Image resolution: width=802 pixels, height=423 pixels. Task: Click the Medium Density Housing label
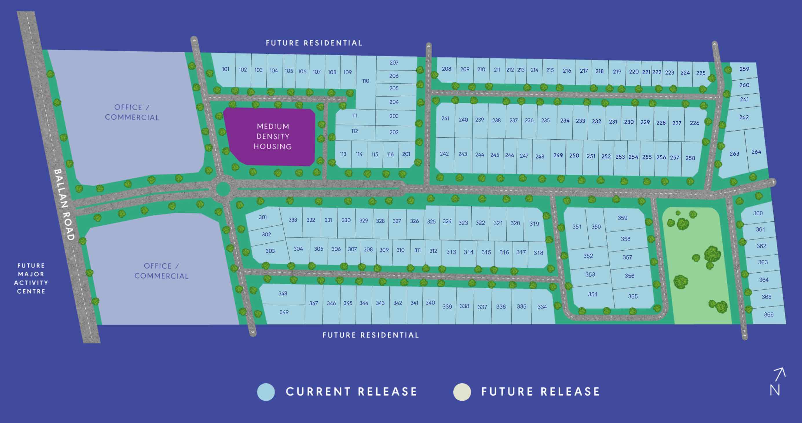coord(272,136)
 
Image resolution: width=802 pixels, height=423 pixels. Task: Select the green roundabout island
coord(223,189)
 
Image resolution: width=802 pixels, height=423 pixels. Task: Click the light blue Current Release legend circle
coord(266,392)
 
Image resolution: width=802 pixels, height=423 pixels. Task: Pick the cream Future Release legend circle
coord(462,392)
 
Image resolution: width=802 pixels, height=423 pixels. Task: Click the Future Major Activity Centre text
coord(31,278)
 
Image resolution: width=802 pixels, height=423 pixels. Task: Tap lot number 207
coord(394,63)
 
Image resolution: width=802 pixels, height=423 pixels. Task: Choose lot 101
coord(226,69)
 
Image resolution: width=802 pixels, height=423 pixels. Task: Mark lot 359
coord(622,218)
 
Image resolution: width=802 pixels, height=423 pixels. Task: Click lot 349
coord(284,312)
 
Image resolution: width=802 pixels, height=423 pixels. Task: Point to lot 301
coord(263,217)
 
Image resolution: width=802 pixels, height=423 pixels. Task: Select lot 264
coord(756,152)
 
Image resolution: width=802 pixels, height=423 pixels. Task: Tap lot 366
coord(768,315)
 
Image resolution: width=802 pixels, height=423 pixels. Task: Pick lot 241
coord(445,119)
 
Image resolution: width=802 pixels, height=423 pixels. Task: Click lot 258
coord(690,158)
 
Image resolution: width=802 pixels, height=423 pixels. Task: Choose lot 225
coord(700,73)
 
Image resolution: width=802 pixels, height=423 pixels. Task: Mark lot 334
coord(542,307)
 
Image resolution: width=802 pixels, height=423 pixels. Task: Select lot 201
coord(406,154)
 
